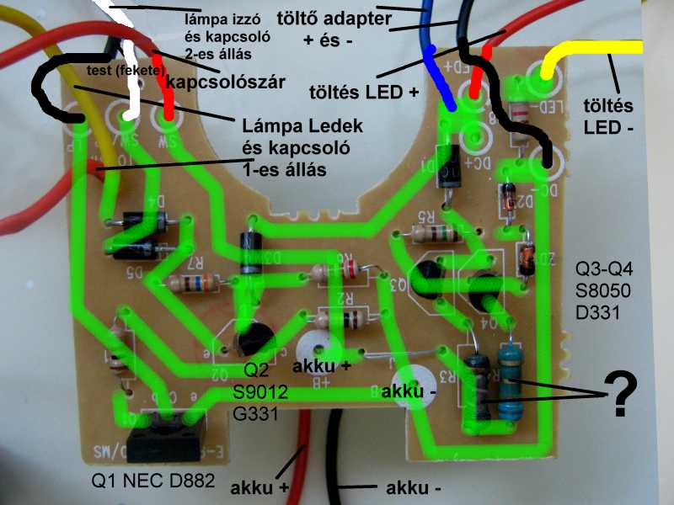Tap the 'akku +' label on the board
click(321, 366)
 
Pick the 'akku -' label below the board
click(414, 486)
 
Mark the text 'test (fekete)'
click(124, 71)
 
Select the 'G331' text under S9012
click(257, 413)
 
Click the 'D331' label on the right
click(598, 315)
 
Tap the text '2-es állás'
click(217, 53)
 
